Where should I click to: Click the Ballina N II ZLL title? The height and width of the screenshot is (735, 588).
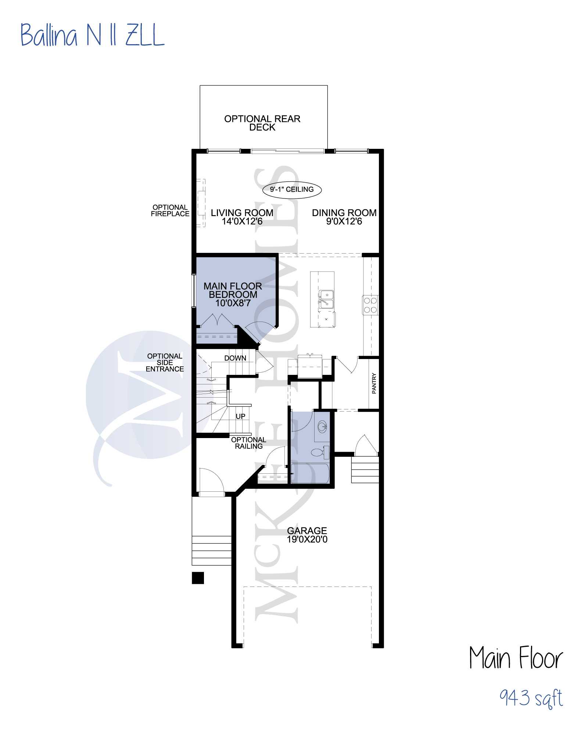coord(92,35)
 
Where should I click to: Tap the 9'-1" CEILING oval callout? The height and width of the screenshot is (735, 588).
coord(292,190)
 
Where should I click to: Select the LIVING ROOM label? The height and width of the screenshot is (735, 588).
coord(242,217)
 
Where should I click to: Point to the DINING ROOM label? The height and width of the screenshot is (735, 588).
coord(344,217)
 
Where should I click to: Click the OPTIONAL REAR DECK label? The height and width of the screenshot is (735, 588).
coord(262,123)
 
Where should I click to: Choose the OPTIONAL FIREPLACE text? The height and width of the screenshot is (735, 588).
coord(170,211)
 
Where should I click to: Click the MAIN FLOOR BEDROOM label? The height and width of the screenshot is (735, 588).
coord(233,294)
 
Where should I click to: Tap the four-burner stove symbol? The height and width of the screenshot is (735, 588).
coord(370,305)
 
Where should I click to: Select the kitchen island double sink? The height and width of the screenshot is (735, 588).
coord(326,299)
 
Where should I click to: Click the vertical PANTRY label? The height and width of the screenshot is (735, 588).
coord(374,383)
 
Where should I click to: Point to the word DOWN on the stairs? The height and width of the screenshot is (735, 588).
coord(235,358)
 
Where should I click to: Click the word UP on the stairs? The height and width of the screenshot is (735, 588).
coord(240,416)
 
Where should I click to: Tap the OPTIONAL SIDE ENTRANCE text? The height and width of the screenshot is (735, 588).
coord(165,362)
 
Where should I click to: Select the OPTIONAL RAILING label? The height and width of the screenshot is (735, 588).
coord(249,443)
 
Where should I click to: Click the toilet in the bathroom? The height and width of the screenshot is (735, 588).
coord(320,452)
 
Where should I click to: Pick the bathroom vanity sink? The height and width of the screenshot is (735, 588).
coord(322,427)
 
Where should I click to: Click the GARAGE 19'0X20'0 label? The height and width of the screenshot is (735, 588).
coord(307,535)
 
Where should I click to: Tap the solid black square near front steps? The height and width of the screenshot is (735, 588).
coord(198,578)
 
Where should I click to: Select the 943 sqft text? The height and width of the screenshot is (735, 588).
coord(531,698)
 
